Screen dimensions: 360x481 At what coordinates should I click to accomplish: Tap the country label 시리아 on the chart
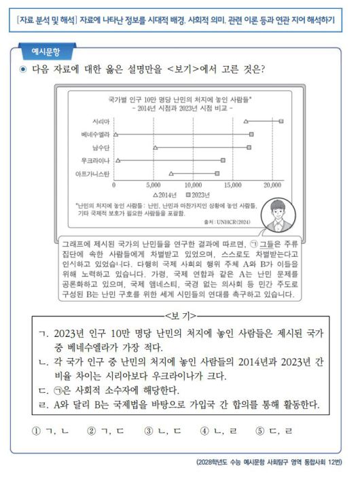pos(100,120)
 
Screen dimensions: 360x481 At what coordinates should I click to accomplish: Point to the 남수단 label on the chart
pos(99,147)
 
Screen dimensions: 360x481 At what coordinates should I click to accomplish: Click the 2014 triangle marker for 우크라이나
pos(118,160)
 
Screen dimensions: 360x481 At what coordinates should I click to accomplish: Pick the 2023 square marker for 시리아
pos(281,120)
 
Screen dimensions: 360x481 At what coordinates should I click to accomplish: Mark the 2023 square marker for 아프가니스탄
pos(217,173)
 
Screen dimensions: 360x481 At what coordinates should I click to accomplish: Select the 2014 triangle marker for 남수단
pos(156,147)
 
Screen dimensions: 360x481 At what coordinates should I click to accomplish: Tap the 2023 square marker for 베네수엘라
pos(251,134)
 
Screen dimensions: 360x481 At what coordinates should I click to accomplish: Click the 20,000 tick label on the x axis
pos(272,184)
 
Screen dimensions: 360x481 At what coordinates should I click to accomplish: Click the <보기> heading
pos(180,315)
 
